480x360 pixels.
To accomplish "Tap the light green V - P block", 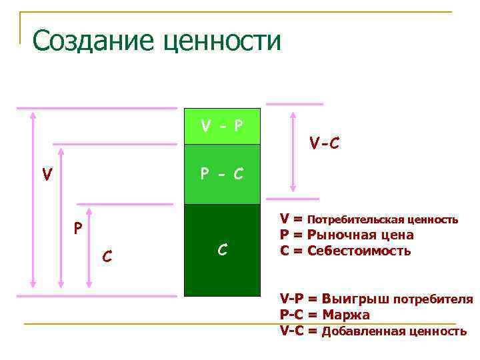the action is (x=222, y=126).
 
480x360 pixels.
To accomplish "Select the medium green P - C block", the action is (x=222, y=174).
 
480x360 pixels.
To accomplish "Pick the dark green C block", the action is (x=222, y=250).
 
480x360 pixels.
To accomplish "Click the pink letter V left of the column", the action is (x=47, y=175).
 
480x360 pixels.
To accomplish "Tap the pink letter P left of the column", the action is (x=78, y=229).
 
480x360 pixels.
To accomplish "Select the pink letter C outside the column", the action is (x=106, y=255).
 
